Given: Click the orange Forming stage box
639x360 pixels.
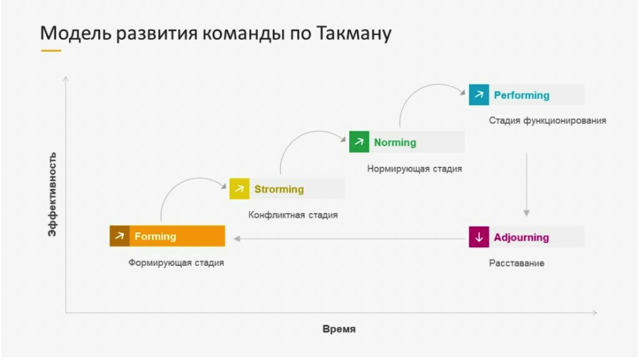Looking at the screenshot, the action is click(x=167, y=236).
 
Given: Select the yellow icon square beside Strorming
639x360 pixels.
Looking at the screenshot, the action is click(x=239, y=189).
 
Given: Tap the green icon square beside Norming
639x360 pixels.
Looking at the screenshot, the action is click(x=359, y=141).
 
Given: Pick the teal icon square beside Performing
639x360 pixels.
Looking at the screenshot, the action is click(x=479, y=95).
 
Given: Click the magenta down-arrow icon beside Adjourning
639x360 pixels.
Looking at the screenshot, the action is click(x=479, y=237).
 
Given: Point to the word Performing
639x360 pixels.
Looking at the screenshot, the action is click(x=522, y=95).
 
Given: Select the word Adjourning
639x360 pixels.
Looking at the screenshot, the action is click(x=521, y=238).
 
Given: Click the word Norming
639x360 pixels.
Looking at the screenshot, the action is click(x=395, y=143).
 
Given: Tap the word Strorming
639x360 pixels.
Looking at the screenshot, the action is click(x=279, y=189).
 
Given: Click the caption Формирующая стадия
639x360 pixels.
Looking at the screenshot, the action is click(x=176, y=263).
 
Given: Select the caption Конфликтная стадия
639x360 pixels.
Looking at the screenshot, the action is click(x=293, y=215).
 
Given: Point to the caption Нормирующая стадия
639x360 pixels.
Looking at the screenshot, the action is click(x=414, y=168).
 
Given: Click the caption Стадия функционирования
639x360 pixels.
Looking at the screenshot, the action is click(x=548, y=120).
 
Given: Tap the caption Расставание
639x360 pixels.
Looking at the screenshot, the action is click(x=516, y=263).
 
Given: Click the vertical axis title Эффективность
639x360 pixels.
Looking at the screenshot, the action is click(x=52, y=194).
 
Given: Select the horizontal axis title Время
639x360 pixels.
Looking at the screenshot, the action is click(x=339, y=329).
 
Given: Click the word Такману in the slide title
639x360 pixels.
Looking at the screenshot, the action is click(x=353, y=33).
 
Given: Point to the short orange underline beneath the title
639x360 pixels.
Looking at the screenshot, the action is click(x=51, y=51).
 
